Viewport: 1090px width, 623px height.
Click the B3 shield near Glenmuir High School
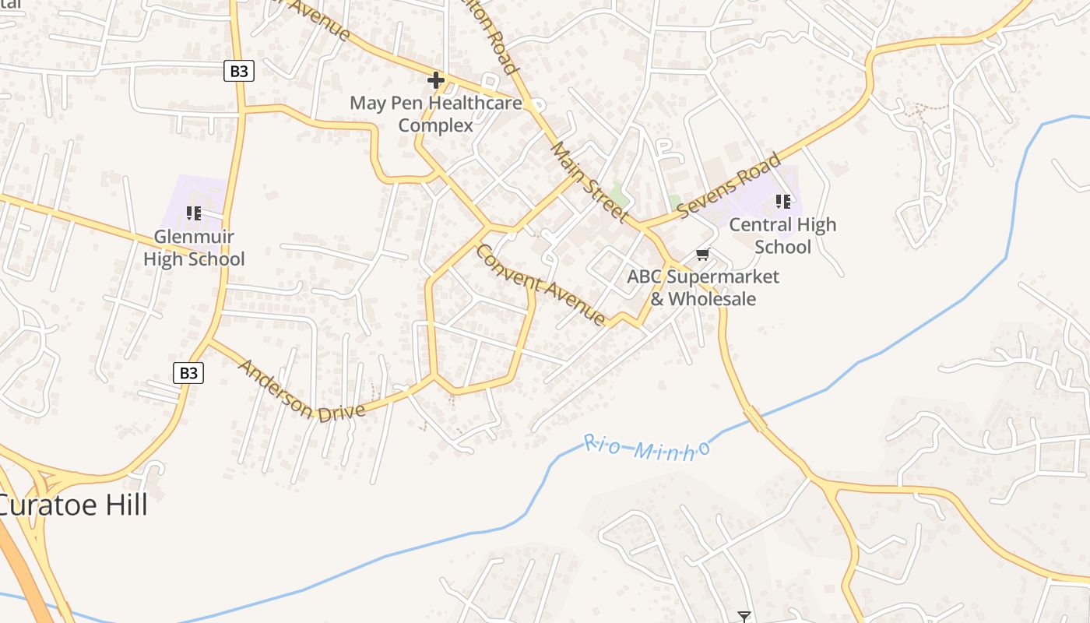tap(239, 71)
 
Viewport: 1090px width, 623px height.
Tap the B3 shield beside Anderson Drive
tap(188, 372)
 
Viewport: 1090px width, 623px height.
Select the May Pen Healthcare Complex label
tap(436, 114)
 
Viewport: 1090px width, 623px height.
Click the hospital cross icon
tap(436, 79)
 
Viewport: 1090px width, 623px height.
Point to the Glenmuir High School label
tap(194, 248)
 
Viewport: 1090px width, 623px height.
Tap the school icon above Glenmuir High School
tap(194, 213)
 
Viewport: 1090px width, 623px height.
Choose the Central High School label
tap(782, 235)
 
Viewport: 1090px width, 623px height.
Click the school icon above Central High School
tap(782, 202)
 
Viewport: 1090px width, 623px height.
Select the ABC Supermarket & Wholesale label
tap(703, 287)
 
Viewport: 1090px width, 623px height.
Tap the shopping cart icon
tap(703, 254)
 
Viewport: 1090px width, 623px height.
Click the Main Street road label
tap(589, 181)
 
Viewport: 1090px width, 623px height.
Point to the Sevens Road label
tap(729, 186)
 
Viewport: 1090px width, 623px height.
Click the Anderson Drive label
tap(301, 391)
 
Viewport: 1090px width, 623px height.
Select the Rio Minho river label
tap(647, 448)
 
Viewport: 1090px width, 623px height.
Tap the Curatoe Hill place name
tap(72, 505)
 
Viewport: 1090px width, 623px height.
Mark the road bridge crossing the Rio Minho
tap(754, 419)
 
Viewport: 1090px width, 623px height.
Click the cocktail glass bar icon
tap(744, 617)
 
